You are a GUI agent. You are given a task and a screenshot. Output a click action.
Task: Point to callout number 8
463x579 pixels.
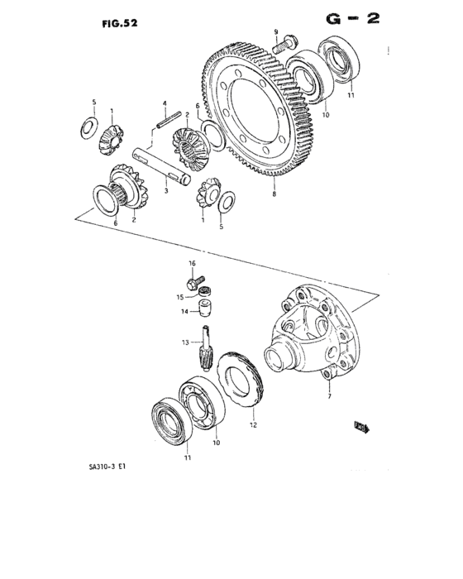(274, 195)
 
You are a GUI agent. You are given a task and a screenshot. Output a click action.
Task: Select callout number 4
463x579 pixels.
(165, 103)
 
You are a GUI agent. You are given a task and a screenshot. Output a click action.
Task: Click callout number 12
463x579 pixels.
(254, 427)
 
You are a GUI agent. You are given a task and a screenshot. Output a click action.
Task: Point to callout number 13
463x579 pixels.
(187, 342)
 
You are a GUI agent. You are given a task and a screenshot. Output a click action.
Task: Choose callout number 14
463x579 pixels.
(186, 312)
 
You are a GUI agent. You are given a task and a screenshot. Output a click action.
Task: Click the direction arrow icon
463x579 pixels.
(362, 428)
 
